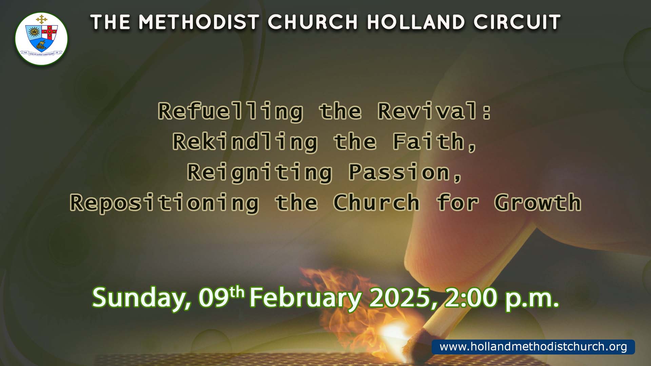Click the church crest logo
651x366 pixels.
coord(41,39)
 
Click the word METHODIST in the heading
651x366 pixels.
coord(199,22)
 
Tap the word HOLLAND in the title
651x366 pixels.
coord(416,22)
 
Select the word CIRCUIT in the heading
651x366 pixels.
coord(517,22)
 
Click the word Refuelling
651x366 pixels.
coord(231,112)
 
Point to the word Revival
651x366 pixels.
coord(429,111)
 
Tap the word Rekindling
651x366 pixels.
coord(245,142)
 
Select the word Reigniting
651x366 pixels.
coord(260,172)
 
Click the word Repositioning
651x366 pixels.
coord(164,203)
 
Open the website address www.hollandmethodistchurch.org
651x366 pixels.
coord(533,347)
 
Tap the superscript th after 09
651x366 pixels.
coord(237,292)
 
